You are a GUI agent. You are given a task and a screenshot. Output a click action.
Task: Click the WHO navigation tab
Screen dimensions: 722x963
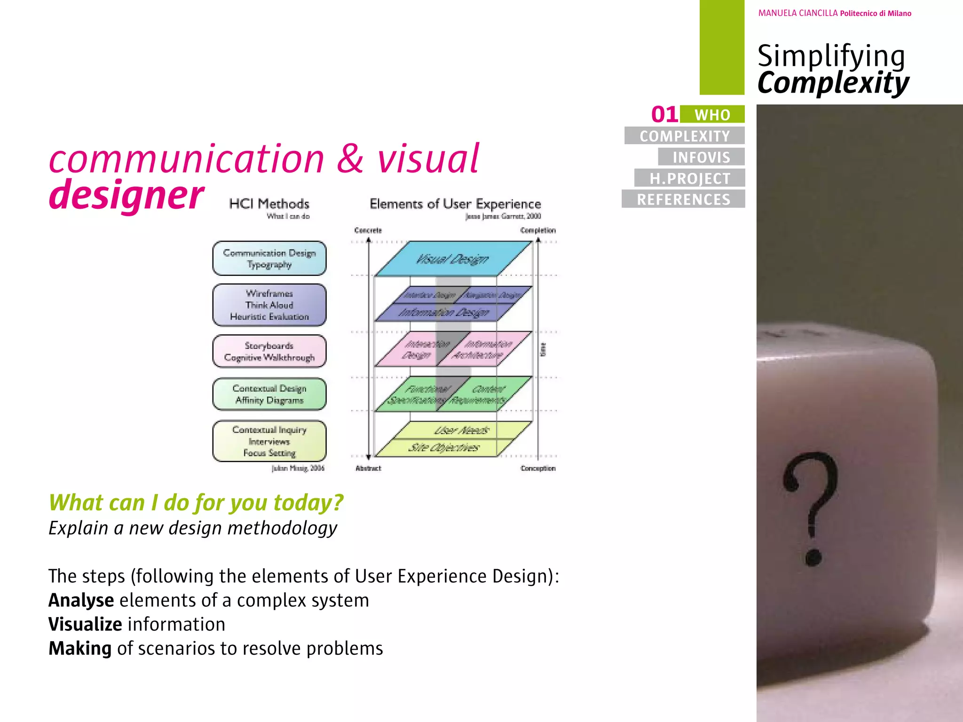pyautogui.click(x=712, y=115)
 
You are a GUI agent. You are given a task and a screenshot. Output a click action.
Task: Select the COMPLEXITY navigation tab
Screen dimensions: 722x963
pyautogui.click(x=685, y=136)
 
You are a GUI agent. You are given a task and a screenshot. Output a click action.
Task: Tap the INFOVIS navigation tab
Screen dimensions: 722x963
pyautogui.click(x=701, y=157)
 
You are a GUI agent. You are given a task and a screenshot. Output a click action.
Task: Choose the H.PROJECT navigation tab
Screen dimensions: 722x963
pyautogui.click(x=690, y=178)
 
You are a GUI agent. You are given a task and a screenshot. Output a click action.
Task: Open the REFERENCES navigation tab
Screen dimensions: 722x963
pyautogui.click(x=683, y=199)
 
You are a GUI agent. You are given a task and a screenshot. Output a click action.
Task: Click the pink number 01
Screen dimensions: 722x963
pyautogui.click(x=664, y=114)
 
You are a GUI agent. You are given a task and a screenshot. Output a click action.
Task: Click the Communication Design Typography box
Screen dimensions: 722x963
pyautogui.click(x=269, y=259)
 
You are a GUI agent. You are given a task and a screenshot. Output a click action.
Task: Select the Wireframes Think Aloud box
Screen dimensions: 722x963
pyautogui.click(x=269, y=305)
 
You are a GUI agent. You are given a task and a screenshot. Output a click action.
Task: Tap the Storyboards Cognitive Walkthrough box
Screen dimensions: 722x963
pyautogui.click(x=269, y=352)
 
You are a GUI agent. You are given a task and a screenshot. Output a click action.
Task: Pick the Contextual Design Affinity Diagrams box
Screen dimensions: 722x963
pyautogui.click(x=269, y=394)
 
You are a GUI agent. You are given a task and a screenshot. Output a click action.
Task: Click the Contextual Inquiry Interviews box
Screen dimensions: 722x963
pyautogui.click(x=269, y=441)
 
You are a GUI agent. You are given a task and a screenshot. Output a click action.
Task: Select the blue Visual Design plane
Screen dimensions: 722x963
pyautogui.click(x=452, y=259)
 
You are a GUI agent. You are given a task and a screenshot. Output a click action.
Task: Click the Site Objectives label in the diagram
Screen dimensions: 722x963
pyautogui.click(x=443, y=447)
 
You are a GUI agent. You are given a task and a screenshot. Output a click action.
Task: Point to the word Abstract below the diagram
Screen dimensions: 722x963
pyautogui.click(x=368, y=468)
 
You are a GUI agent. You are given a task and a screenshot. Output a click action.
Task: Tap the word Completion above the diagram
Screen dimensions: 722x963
pyautogui.click(x=538, y=230)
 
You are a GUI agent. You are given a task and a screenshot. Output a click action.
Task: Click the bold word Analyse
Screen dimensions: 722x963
pyautogui.click(x=81, y=600)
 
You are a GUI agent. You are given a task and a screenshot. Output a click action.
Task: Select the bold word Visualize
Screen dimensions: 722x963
pyautogui.click(x=85, y=624)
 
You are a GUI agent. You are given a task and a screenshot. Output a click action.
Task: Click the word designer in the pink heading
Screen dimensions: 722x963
pyautogui.click(x=126, y=194)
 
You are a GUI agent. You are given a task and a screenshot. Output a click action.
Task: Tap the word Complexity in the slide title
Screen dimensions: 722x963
pyautogui.click(x=833, y=83)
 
